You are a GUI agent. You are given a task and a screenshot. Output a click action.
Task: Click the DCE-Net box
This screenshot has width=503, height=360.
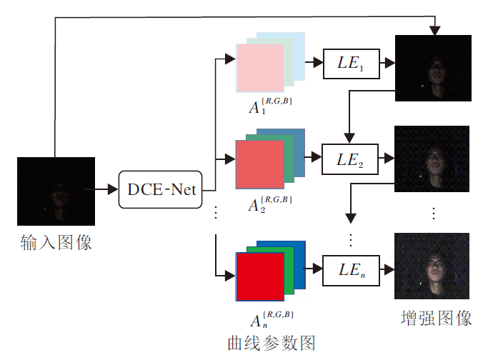pos(161,190)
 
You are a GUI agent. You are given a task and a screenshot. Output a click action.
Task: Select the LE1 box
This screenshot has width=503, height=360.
pos(352,64)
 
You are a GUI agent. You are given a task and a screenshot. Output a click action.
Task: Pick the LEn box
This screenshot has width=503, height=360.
pos(352,269)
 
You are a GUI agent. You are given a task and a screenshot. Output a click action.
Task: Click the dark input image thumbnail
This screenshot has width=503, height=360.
pos(56,191)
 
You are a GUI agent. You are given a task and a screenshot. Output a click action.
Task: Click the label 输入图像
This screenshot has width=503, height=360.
pos(56,243)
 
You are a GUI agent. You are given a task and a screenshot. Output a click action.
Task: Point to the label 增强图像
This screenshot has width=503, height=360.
pos(437,318)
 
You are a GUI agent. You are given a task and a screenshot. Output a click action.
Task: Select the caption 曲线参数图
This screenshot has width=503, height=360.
pos(272,342)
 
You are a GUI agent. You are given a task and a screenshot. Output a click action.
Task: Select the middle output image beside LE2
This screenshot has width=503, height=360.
pos(432,159)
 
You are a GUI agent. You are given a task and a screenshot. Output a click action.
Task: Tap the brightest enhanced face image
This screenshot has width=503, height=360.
pos(432,266)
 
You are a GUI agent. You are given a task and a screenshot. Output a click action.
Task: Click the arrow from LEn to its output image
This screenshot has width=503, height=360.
pos(386,269)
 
